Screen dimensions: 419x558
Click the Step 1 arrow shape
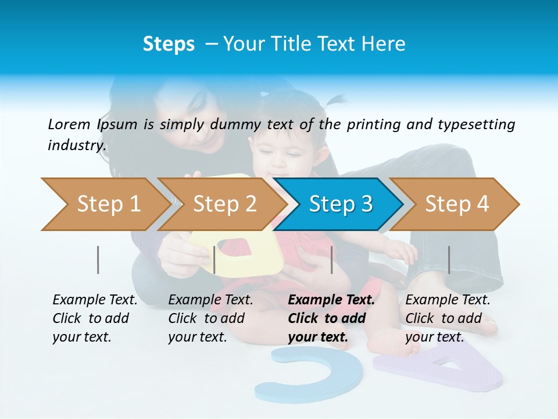[x=105, y=204]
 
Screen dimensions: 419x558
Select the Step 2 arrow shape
[x=221, y=204]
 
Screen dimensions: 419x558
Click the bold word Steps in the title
[x=169, y=44]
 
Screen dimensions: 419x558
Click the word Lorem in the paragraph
[x=69, y=124]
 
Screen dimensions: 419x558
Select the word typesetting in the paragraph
[x=476, y=125]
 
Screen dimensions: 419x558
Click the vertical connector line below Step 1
[x=98, y=260]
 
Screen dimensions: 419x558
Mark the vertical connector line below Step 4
[x=449, y=260]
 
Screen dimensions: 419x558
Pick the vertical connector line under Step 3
[x=331, y=260]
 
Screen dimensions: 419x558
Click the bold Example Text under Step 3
[x=331, y=300]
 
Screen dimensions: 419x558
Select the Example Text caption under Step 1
[x=95, y=300]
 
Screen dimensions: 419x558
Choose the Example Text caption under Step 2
[x=210, y=300]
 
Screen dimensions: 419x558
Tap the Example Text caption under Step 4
[x=448, y=300]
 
